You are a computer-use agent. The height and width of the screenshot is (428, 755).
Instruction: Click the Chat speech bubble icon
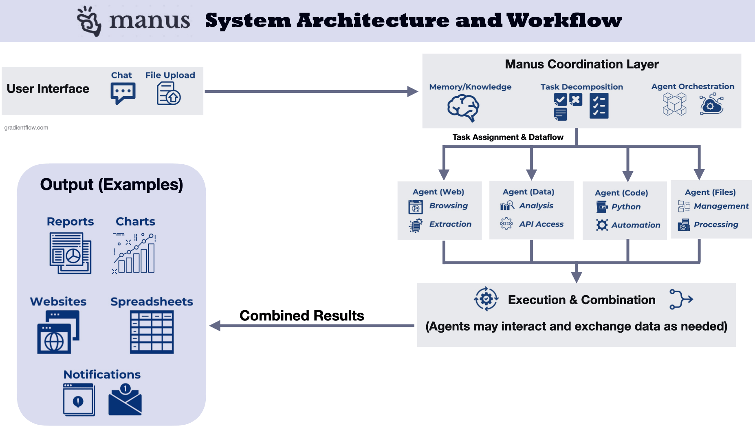click(x=123, y=93)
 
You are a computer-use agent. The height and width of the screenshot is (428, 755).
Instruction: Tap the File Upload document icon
click(x=168, y=93)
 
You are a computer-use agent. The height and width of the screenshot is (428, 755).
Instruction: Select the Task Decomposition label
click(x=581, y=87)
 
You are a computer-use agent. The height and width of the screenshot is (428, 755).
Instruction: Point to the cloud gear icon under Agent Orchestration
click(x=711, y=104)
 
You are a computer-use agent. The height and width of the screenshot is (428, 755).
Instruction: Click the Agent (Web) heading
click(x=438, y=192)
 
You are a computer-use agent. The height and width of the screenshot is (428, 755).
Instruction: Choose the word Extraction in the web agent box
click(x=450, y=224)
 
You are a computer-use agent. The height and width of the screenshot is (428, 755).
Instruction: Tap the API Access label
click(x=541, y=224)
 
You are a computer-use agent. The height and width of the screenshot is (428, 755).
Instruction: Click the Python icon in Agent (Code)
click(x=602, y=207)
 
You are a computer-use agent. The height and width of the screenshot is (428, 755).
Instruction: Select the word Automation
click(x=636, y=225)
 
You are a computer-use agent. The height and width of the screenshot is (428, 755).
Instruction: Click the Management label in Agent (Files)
click(x=721, y=206)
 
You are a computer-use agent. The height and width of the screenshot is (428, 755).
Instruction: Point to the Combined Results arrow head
click(x=215, y=326)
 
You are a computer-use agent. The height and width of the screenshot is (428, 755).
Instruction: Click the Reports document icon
click(x=70, y=253)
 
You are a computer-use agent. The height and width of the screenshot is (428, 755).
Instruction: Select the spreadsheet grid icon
click(x=152, y=332)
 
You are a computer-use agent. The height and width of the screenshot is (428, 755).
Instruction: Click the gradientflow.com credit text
click(x=26, y=128)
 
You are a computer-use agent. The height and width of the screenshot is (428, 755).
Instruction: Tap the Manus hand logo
click(x=89, y=21)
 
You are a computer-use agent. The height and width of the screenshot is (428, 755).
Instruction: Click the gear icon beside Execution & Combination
click(x=486, y=299)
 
